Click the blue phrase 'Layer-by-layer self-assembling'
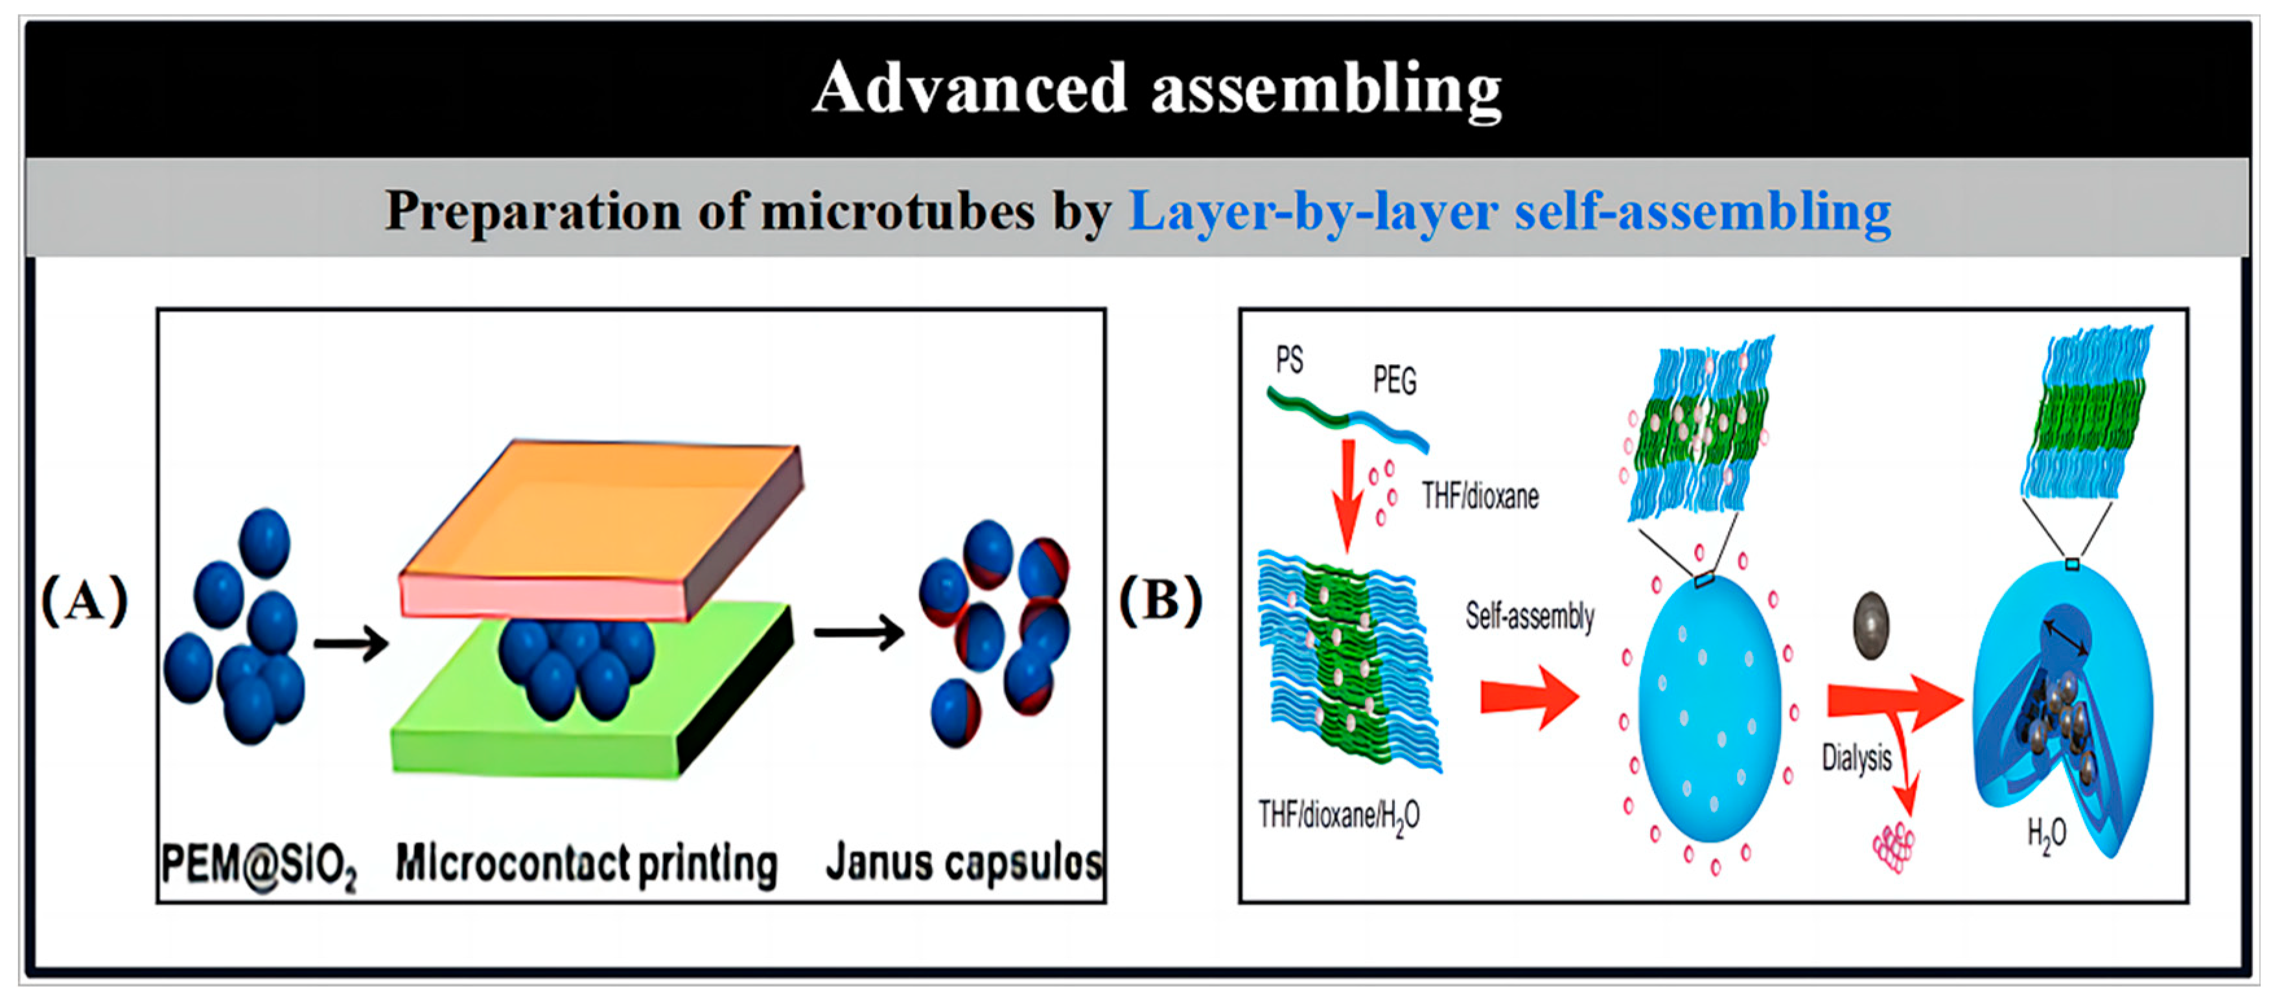tap(1509, 211)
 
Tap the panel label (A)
tap(85, 601)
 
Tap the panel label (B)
tap(1160, 601)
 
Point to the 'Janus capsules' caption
tap(962, 864)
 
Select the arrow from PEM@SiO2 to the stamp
tap(351, 643)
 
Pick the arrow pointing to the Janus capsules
tap(858, 633)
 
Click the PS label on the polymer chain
tap(1289, 360)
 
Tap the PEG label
tap(1395, 381)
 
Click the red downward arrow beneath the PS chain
tap(1346, 494)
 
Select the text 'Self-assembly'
tap(1530, 615)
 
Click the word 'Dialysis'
tap(1857, 758)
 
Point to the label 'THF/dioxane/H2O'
tap(1338, 816)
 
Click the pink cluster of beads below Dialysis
tap(1894, 847)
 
